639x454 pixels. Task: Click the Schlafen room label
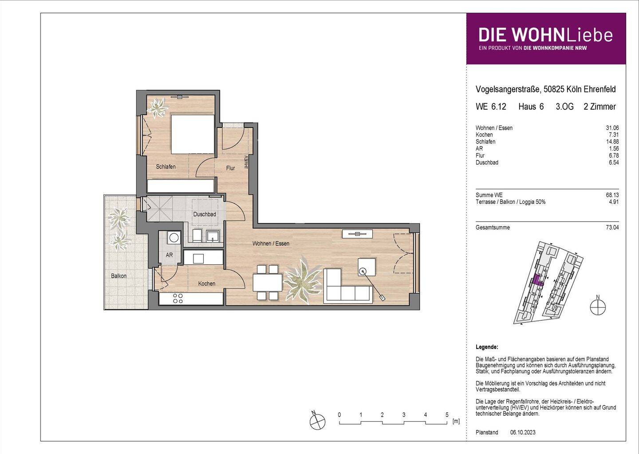coord(166,167)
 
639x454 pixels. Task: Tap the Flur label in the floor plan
coord(230,168)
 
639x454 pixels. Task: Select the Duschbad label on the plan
coord(205,215)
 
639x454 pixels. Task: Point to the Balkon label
coord(118,276)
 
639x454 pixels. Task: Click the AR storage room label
coord(169,255)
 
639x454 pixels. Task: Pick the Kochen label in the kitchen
coord(207,284)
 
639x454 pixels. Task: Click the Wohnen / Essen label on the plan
coord(271,243)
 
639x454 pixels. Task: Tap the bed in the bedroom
coord(193,134)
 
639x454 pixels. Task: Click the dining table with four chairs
coord(268,282)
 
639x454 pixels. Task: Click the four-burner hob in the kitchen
coord(178,299)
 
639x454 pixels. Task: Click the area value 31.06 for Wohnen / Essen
coord(612,128)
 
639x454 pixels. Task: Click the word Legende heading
coord(487,347)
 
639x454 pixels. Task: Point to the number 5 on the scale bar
coord(447,415)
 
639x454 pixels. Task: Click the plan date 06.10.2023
coord(523,432)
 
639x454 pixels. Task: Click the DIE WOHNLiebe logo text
coord(545,36)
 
